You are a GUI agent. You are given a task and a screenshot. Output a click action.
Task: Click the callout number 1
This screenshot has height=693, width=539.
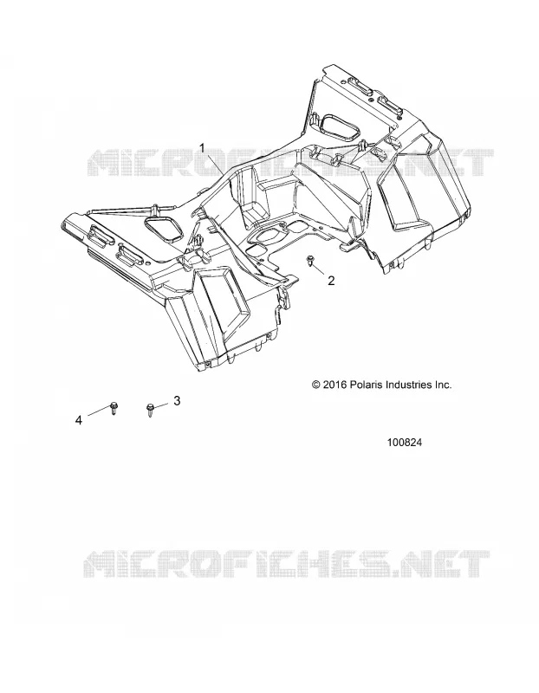(x=203, y=147)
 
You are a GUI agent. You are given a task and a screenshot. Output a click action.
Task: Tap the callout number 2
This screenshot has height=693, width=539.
(x=331, y=280)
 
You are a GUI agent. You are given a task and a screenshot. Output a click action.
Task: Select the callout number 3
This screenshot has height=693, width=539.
(x=177, y=401)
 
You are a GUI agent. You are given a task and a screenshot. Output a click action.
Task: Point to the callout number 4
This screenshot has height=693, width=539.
(x=79, y=420)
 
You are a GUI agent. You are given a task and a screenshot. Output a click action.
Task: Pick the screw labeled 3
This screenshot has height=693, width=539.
(x=150, y=411)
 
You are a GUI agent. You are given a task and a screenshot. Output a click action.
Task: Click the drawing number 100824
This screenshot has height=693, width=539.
(x=404, y=443)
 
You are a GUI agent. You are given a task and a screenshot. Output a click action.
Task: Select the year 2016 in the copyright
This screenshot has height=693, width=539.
(x=335, y=385)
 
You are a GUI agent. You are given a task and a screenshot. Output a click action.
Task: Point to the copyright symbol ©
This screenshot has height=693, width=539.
(x=315, y=385)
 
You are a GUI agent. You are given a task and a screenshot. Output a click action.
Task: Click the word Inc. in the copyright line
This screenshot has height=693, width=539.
(x=442, y=385)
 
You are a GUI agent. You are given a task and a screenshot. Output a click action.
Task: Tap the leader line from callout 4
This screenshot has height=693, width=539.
(x=98, y=411)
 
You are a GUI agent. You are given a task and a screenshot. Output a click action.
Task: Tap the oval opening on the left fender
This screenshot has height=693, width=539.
(x=164, y=229)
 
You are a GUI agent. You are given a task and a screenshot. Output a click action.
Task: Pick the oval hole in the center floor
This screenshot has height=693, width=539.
(x=265, y=237)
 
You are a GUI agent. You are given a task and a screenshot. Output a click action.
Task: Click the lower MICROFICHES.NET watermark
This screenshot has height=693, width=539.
(x=286, y=565)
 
